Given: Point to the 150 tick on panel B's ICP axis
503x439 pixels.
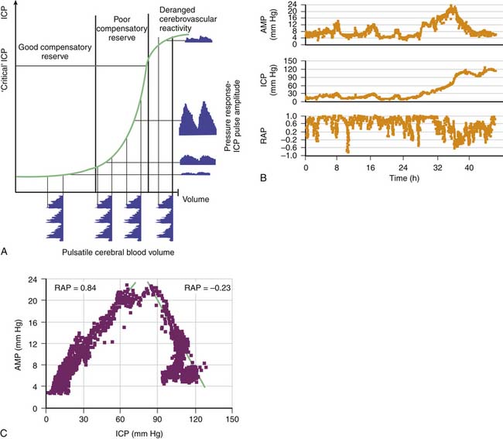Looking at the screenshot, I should pos(293,60).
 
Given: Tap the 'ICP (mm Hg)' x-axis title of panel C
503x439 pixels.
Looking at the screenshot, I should pos(121,434).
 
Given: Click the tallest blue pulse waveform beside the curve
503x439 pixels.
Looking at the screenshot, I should pos(197,118).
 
